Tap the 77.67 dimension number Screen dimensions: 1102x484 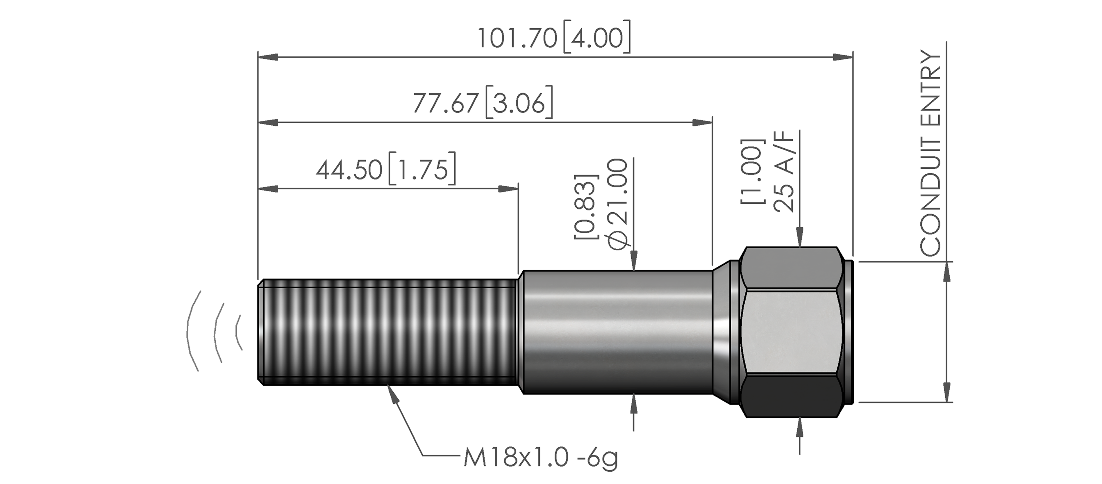(x=445, y=104)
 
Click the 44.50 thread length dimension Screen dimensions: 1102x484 (x=349, y=170)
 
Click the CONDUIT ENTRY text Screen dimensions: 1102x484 (x=931, y=154)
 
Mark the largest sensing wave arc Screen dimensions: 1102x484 (x=192, y=331)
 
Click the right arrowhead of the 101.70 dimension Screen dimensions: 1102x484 (x=843, y=57)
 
